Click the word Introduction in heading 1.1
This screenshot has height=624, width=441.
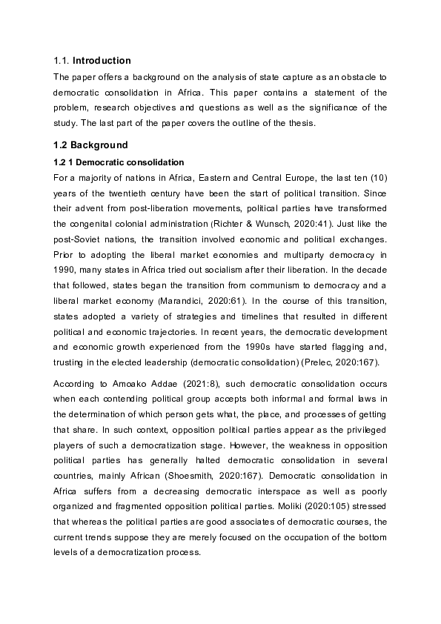[102, 61]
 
